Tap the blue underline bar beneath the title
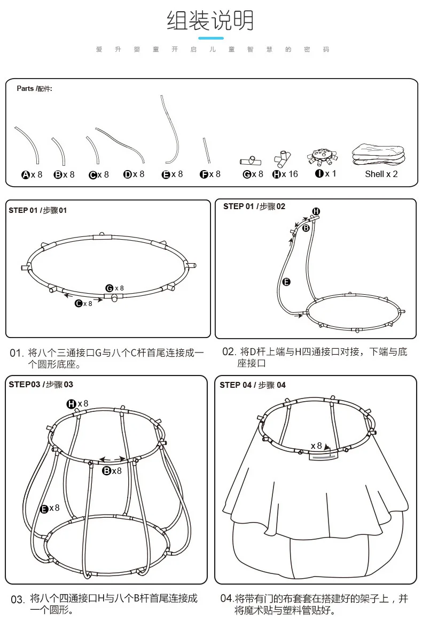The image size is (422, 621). (210, 38)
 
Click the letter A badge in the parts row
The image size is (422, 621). (25, 175)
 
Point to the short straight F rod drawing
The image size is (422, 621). (206, 151)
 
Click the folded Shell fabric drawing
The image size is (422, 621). (378, 155)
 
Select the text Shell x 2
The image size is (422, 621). (381, 174)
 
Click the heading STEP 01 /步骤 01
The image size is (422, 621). (38, 210)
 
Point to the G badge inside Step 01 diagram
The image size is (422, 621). (110, 288)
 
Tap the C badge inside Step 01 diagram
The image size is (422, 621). (79, 304)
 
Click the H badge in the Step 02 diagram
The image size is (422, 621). (316, 211)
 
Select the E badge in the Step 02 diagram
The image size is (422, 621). (286, 282)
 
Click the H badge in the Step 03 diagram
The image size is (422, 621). (71, 404)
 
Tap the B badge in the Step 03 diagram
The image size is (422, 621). (106, 471)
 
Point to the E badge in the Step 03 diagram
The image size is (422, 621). (44, 509)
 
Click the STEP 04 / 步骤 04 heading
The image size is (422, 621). (253, 385)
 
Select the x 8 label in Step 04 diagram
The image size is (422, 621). (317, 446)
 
